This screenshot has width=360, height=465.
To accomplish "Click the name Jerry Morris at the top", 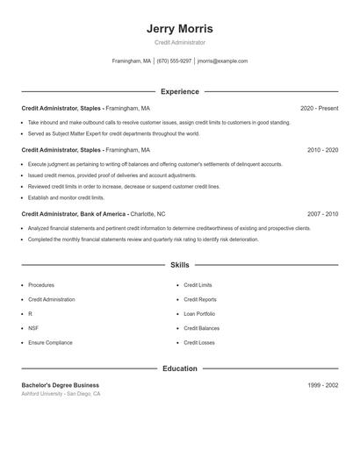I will pyautogui.click(x=180, y=29).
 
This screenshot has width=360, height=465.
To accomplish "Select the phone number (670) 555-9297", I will pyautogui.click(x=174, y=61).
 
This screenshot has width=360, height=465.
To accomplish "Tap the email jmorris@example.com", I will pyautogui.click(x=222, y=61).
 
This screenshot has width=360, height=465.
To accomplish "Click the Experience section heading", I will pyautogui.click(x=180, y=91).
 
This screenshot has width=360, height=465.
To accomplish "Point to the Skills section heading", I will pyautogui.click(x=180, y=265).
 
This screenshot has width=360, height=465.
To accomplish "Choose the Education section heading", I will pyautogui.click(x=180, y=368).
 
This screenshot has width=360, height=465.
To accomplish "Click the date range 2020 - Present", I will pyautogui.click(x=319, y=108).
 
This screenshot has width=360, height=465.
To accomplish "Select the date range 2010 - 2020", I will pyautogui.click(x=322, y=150).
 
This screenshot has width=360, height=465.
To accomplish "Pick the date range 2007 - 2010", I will pyautogui.click(x=322, y=214).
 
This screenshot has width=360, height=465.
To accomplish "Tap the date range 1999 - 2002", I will pyautogui.click(x=322, y=385).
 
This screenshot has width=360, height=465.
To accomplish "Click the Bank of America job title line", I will pyautogui.click(x=93, y=214).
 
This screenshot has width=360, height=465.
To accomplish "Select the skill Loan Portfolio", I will pyautogui.click(x=199, y=314).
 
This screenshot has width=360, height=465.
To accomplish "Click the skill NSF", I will pyautogui.click(x=33, y=328).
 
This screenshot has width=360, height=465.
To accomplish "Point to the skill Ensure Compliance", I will pyautogui.click(x=50, y=343).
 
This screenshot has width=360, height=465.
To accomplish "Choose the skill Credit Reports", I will pyautogui.click(x=200, y=300).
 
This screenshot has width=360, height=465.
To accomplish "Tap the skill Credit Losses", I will pyautogui.click(x=199, y=343).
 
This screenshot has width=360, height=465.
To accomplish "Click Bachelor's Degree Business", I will pyautogui.click(x=60, y=385).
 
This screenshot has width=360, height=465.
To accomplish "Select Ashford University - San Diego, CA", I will pyautogui.click(x=61, y=395).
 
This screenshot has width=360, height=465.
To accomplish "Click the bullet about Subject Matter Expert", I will pyautogui.click(x=114, y=134).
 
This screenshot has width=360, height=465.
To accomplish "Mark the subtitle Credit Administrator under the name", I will pyautogui.click(x=180, y=42).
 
